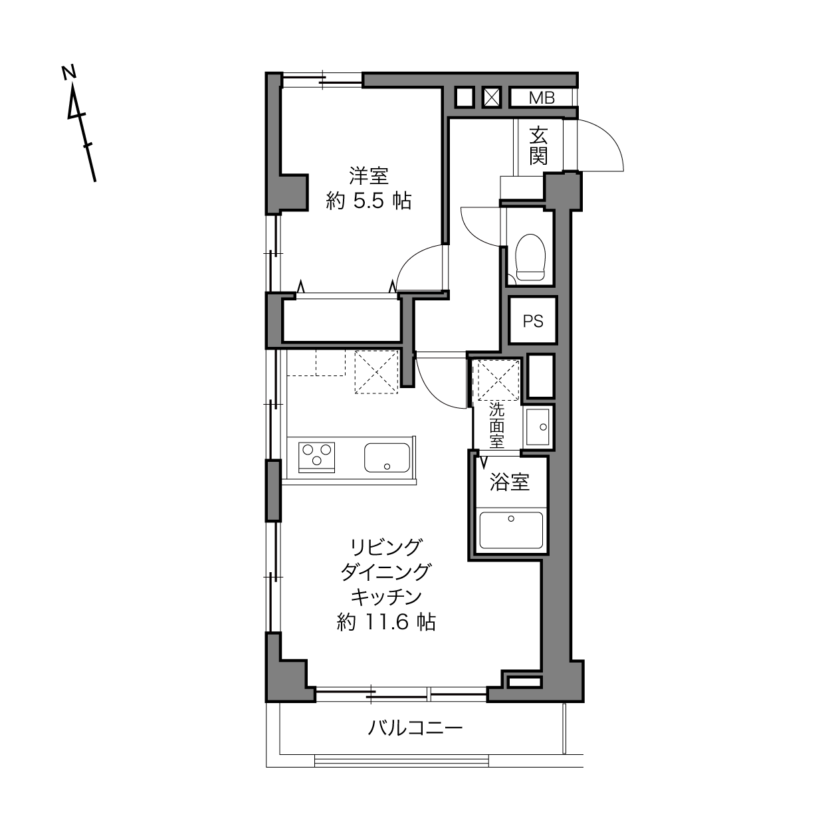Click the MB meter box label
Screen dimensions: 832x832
[542, 98]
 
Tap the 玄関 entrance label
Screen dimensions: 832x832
[538, 146]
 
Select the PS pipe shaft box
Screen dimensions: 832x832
[533, 321]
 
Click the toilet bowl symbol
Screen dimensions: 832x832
[530, 257]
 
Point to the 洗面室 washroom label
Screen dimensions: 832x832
[496, 425]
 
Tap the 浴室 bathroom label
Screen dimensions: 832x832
[510, 482]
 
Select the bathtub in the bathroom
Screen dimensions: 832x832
[511, 530]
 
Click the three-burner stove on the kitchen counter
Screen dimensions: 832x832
[316, 457]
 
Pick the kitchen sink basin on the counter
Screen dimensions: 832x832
[387, 458]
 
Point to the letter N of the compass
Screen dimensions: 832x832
[69, 72]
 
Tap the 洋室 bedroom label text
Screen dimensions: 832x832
[369, 176]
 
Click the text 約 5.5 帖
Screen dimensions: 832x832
[369, 200]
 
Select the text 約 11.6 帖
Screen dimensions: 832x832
[386, 622]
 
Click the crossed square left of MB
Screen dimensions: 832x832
[492, 98]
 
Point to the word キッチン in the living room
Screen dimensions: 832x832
[386, 597]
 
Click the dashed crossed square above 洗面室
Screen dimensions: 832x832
[498, 380]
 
